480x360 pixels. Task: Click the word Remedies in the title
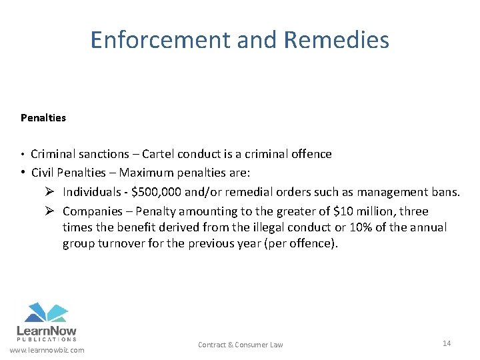tap(336, 41)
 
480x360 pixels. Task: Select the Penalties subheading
tap(43, 118)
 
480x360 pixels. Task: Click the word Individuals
tap(93, 193)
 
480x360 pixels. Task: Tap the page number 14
tap(447, 343)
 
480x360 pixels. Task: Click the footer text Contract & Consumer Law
tap(240, 345)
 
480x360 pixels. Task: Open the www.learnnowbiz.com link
tap(47, 350)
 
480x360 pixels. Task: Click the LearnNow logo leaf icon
tap(46, 312)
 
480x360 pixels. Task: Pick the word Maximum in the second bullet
tap(145, 173)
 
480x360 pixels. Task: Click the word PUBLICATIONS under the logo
tap(46, 339)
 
